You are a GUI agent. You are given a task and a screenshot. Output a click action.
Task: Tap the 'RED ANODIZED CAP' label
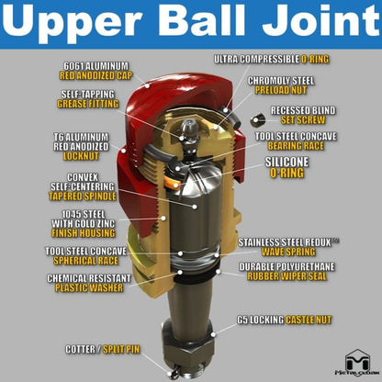click(x=95, y=75)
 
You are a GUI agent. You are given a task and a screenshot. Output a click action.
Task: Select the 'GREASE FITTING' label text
click(x=88, y=104)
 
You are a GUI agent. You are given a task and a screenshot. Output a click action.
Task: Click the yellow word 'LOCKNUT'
click(x=81, y=156)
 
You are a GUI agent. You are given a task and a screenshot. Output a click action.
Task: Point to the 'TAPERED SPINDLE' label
click(x=83, y=197)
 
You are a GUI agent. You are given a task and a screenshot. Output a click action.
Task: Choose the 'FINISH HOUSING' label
click(x=84, y=233)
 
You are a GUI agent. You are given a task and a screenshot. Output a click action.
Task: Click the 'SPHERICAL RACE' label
click(x=85, y=261)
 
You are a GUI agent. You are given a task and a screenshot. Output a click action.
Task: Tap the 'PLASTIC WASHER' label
click(x=89, y=287)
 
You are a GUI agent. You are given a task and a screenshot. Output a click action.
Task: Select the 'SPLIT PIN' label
click(x=121, y=349)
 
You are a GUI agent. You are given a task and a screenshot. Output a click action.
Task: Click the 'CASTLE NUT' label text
click(x=309, y=320)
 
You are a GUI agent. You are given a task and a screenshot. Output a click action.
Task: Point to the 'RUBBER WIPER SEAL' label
click(x=286, y=276)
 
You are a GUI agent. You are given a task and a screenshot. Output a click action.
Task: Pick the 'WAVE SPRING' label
click(x=288, y=252)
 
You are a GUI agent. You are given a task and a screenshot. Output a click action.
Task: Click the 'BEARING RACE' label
click(x=296, y=146)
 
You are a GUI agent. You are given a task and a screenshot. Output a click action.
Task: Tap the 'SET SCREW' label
click(x=303, y=120)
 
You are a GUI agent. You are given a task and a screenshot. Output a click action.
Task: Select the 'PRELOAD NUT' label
click(x=281, y=90)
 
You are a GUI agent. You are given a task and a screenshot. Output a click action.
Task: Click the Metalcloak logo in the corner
click(x=356, y=363)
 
